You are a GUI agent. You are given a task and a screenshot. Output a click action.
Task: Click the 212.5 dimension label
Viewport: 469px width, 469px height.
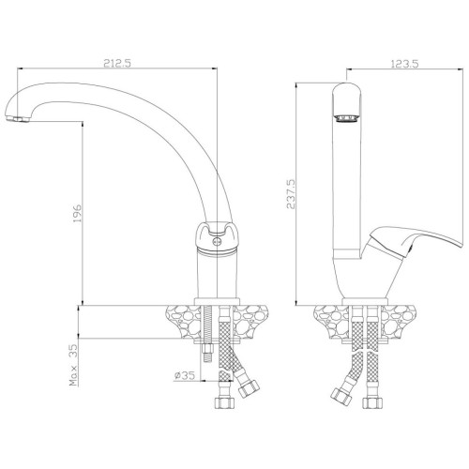(x=117, y=64)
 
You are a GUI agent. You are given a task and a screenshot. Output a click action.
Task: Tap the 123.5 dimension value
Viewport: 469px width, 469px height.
(x=404, y=64)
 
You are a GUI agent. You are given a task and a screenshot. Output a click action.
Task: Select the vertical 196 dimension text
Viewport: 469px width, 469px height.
(x=77, y=214)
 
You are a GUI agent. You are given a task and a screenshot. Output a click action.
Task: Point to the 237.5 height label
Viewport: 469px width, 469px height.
(x=291, y=194)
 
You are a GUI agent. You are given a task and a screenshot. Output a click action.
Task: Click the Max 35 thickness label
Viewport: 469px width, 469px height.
(x=73, y=365)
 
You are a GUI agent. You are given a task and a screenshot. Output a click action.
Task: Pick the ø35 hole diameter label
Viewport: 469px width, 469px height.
(x=185, y=375)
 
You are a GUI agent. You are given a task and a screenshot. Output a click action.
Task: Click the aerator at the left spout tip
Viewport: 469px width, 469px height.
(x=17, y=119)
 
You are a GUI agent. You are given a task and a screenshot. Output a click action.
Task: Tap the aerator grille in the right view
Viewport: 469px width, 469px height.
(x=346, y=118)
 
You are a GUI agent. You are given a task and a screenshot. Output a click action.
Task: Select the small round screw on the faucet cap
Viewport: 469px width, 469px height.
(x=217, y=241)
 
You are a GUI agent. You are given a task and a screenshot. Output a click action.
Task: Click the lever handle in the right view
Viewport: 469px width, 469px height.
(x=416, y=241)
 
